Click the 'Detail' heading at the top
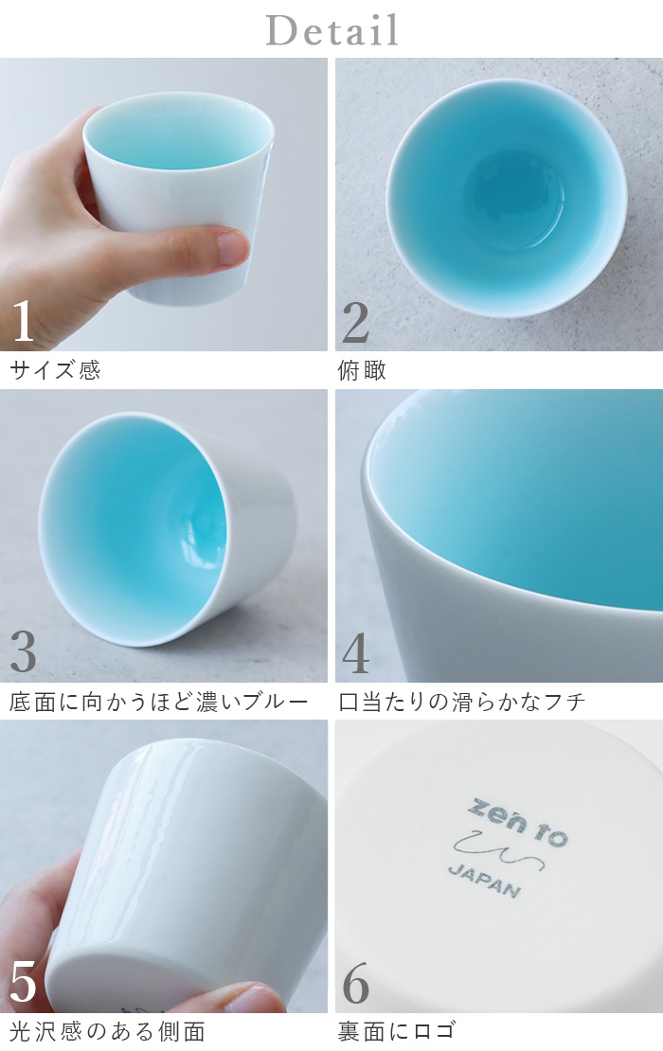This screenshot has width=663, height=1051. pyautogui.click(x=331, y=30)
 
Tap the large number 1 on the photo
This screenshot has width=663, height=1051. pyautogui.click(x=23, y=322)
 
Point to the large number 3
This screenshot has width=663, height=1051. pyautogui.click(x=23, y=652)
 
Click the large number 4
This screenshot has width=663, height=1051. pyautogui.click(x=355, y=652)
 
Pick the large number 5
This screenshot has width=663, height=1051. pyautogui.click(x=23, y=983)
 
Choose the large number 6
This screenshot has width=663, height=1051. pyautogui.click(x=355, y=984)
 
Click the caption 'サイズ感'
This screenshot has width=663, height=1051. pyautogui.click(x=55, y=370)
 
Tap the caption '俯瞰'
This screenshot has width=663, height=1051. pyautogui.click(x=362, y=370)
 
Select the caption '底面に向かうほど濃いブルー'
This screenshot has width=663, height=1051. pyautogui.click(x=158, y=702)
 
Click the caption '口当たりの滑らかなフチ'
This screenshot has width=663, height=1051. pyautogui.click(x=462, y=702)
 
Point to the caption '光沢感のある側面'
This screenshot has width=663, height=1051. pyautogui.click(x=107, y=1031)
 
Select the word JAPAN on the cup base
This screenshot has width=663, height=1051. pyautogui.click(x=483, y=882)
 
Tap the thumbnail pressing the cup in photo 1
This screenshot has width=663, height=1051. pyautogui.click(x=231, y=247)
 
